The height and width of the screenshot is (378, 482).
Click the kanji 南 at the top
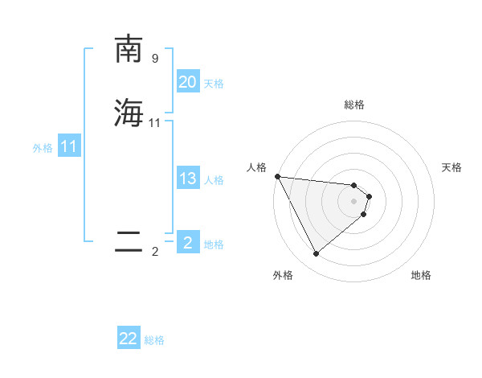coord(129,49)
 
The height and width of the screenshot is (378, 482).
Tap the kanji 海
coord(129,112)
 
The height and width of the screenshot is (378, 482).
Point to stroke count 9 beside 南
coord(155,59)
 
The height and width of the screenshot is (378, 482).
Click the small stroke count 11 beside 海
coord(155,122)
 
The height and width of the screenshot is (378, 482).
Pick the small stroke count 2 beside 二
coord(155,252)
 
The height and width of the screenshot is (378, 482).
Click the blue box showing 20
coord(188,82)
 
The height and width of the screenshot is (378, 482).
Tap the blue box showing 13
coord(188,179)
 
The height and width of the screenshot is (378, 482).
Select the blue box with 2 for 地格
coord(188,243)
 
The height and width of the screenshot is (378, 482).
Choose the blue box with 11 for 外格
coord(69,147)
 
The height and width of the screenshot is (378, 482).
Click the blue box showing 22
coord(129,339)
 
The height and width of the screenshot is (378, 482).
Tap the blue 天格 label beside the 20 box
coord(214,84)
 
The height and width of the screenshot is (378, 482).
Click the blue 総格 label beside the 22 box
coord(154,340)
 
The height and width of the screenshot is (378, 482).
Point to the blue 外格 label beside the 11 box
coord(43,148)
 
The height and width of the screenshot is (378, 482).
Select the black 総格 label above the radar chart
coord(353,105)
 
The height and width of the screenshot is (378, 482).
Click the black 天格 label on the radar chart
coord(451,167)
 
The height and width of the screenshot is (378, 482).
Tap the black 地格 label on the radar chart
coord(421,275)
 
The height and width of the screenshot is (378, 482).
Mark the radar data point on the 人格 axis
coord(277,176)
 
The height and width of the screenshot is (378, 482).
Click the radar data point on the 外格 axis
coord(316,253)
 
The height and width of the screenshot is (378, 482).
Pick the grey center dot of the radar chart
coord(353,201)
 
